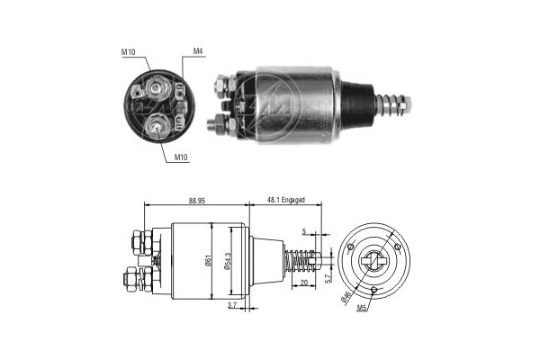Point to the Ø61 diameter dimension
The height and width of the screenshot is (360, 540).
pyautogui.click(x=209, y=261)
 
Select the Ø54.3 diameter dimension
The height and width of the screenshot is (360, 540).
pyautogui.click(x=230, y=261)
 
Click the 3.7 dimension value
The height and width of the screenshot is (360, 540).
pyautogui.click(x=233, y=307)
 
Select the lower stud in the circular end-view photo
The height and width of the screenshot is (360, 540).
pyautogui.click(x=158, y=126)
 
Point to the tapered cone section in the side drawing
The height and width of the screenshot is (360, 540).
pyautogui.click(x=266, y=261)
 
